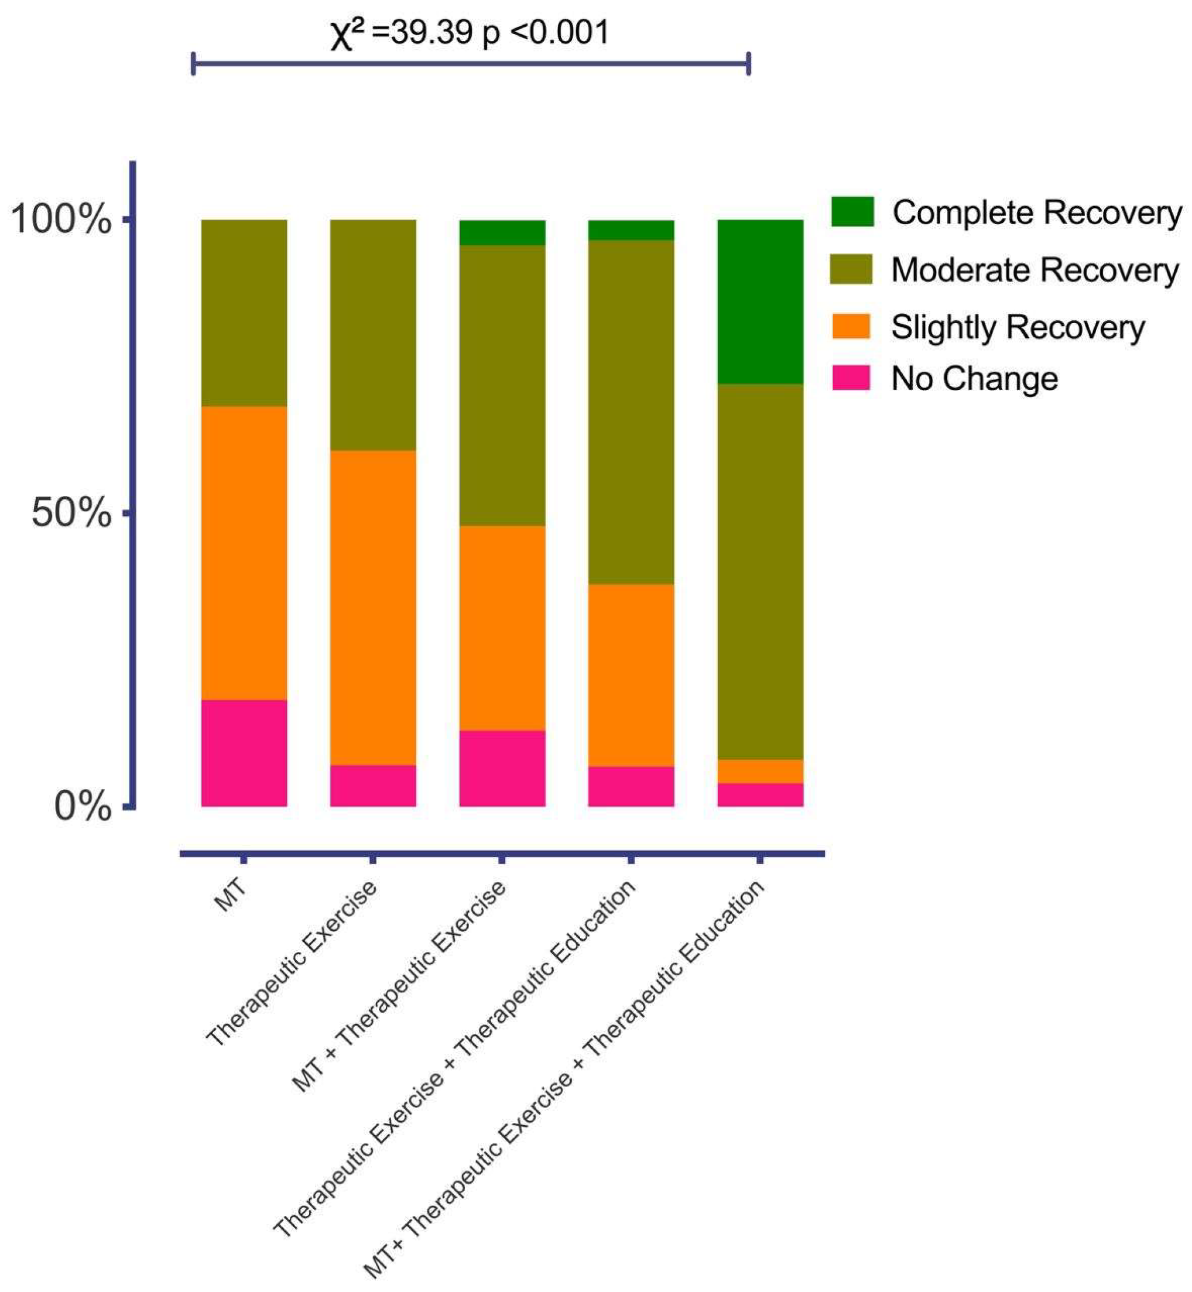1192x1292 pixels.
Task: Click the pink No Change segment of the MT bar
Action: coord(244,753)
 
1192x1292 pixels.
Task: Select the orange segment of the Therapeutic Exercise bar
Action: coord(373,607)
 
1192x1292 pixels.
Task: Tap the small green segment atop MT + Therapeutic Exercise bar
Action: coord(502,233)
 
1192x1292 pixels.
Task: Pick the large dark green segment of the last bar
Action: coord(760,302)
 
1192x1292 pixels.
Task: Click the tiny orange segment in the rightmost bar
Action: coord(760,772)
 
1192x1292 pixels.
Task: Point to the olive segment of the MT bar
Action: coord(244,313)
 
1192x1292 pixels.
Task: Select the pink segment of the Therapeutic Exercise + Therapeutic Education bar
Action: coord(631,786)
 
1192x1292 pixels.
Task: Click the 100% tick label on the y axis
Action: coord(61,220)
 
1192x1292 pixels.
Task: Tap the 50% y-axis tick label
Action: coord(71,514)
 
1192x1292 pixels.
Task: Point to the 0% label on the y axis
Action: coord(82,807)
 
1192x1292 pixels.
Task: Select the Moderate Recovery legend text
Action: coord(1035,270)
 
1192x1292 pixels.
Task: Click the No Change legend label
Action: coord(974,379)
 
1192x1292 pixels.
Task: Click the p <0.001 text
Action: coord(546,32)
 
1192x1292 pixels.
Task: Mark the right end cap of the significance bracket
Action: coord(748,64)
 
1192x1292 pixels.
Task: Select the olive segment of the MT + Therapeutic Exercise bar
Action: coord(502,386)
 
